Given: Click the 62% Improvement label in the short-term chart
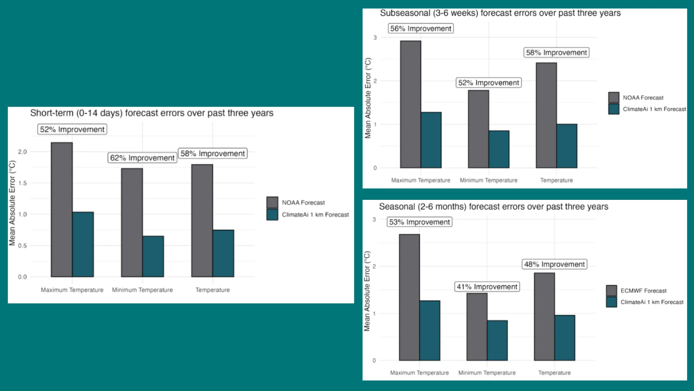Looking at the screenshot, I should click(142, 158).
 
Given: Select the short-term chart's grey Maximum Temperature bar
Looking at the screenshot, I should click(61, 210).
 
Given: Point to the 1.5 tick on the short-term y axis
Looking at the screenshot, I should click(22, 183).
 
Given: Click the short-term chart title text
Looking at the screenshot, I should click(151, 113).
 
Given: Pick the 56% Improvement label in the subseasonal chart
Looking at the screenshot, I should click(421, 29).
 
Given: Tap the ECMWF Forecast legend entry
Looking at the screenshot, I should click(643, 291).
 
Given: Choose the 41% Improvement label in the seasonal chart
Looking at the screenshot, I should click(487, 287).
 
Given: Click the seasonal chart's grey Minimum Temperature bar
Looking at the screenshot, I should click(477, 327).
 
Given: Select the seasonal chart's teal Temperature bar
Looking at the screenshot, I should click(565, 337).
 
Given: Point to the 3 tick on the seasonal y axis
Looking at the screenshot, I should click(374, 219).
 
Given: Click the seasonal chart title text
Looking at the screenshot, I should click(493, 207).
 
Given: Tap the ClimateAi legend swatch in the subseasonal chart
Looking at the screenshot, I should click(613, 109).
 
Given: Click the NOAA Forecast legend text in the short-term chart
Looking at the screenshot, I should click(303, 203).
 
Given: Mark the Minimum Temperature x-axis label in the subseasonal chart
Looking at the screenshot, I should click(488, 180).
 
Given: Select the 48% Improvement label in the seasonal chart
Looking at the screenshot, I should click(554, 264).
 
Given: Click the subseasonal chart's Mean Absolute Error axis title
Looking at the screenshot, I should click(368, 98).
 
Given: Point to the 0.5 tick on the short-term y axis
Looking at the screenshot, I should click(22, 246).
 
